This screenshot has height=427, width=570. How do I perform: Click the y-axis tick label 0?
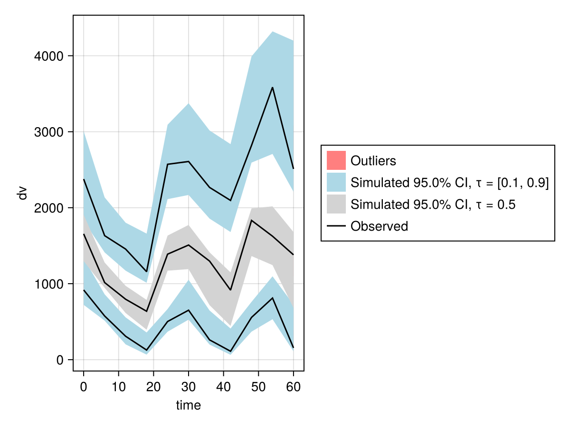[60, 360]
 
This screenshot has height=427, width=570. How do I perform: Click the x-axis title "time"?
[189, 405]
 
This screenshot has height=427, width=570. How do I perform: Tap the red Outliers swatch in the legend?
[336, 160]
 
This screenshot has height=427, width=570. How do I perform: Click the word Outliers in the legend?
[373, 161]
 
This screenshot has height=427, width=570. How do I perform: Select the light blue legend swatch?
[336, 183]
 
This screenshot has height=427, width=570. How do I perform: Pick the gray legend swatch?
[336, 204]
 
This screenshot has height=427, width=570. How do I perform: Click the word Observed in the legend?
[379, 226]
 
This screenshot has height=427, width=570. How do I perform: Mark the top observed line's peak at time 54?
[272, 87]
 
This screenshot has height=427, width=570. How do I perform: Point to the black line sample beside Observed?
[336, 226]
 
